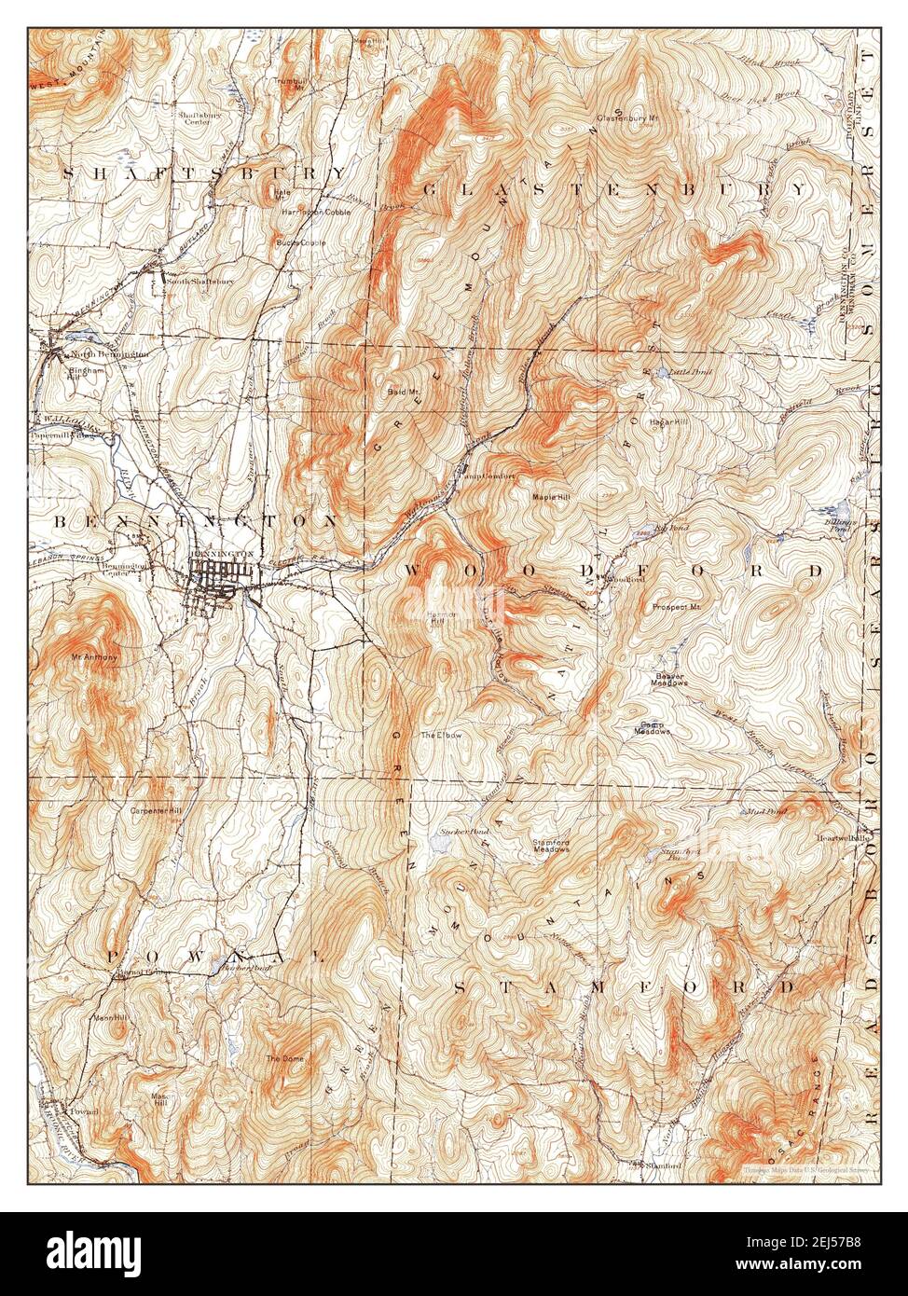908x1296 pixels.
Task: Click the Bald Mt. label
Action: [x=403, y=392]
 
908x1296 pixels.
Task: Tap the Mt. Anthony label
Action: [x=94, y=657]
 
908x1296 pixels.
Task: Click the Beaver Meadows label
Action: [x=669, y=679]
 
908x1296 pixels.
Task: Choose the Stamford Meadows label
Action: [x=551, y=846]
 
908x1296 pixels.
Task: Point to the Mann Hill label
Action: [x=108, y=1017]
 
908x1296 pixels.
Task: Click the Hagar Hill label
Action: [x=667, y=422]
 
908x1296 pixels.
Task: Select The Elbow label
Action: [x=440, y=736]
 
